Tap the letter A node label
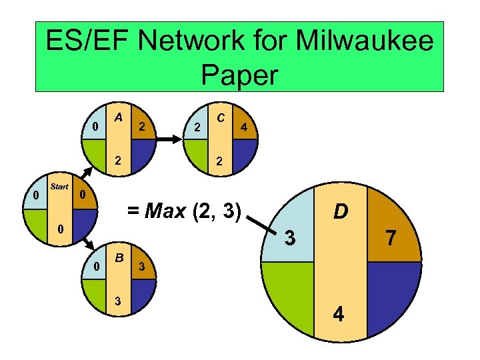(117, 117)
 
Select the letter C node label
(219, 117)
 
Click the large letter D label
(341, 211)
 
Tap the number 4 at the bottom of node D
(339, 313)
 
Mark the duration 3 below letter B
(118, 300)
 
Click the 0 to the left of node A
(96, 127)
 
